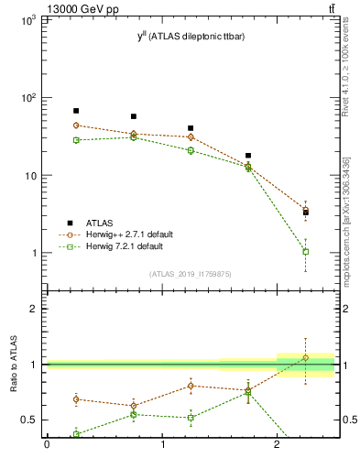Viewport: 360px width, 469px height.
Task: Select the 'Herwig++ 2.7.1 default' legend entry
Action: [129, 234]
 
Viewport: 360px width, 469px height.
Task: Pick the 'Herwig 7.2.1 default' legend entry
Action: [125, 246]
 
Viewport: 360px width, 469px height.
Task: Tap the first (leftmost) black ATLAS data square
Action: [76, 111]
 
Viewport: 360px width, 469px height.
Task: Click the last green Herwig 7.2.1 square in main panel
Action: [306, 251]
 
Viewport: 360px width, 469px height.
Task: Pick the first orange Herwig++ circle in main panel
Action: [76, 125]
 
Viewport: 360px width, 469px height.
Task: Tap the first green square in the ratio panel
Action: [76, 434]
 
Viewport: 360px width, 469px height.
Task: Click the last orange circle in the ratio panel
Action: [306, 357]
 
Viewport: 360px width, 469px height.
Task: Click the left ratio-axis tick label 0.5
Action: [29, 420]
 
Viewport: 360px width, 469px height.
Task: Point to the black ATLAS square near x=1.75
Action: [248, 156]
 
